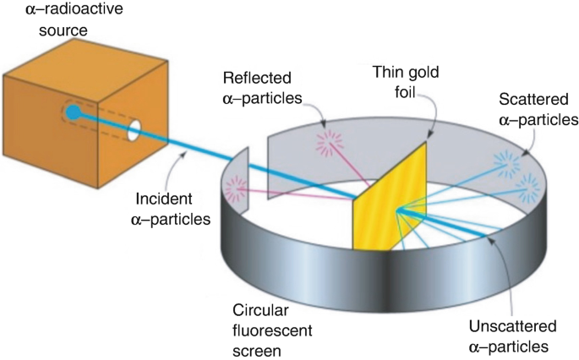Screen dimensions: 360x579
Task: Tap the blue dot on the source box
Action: (x=74, y=112)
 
